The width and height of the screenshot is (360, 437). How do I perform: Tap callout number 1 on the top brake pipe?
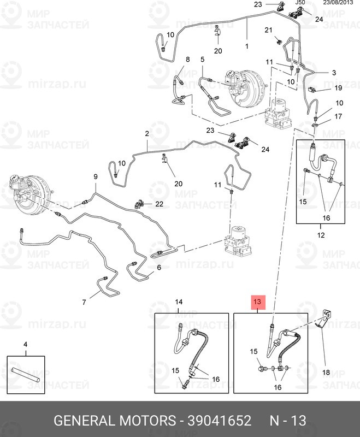246,46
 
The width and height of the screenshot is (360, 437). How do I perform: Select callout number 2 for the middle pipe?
147,134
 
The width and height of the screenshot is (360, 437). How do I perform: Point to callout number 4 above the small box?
25,344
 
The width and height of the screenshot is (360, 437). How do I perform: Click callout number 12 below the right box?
321,235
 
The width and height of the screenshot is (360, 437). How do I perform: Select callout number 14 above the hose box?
179,302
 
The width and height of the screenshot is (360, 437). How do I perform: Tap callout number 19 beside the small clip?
338,87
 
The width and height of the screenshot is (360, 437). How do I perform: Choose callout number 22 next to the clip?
159,204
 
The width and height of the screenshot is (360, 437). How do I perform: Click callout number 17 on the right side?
338,116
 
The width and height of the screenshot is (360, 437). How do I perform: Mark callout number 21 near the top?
268,29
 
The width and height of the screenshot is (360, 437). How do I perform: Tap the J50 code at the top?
299,3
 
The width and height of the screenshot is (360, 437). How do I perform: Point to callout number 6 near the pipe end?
159,268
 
